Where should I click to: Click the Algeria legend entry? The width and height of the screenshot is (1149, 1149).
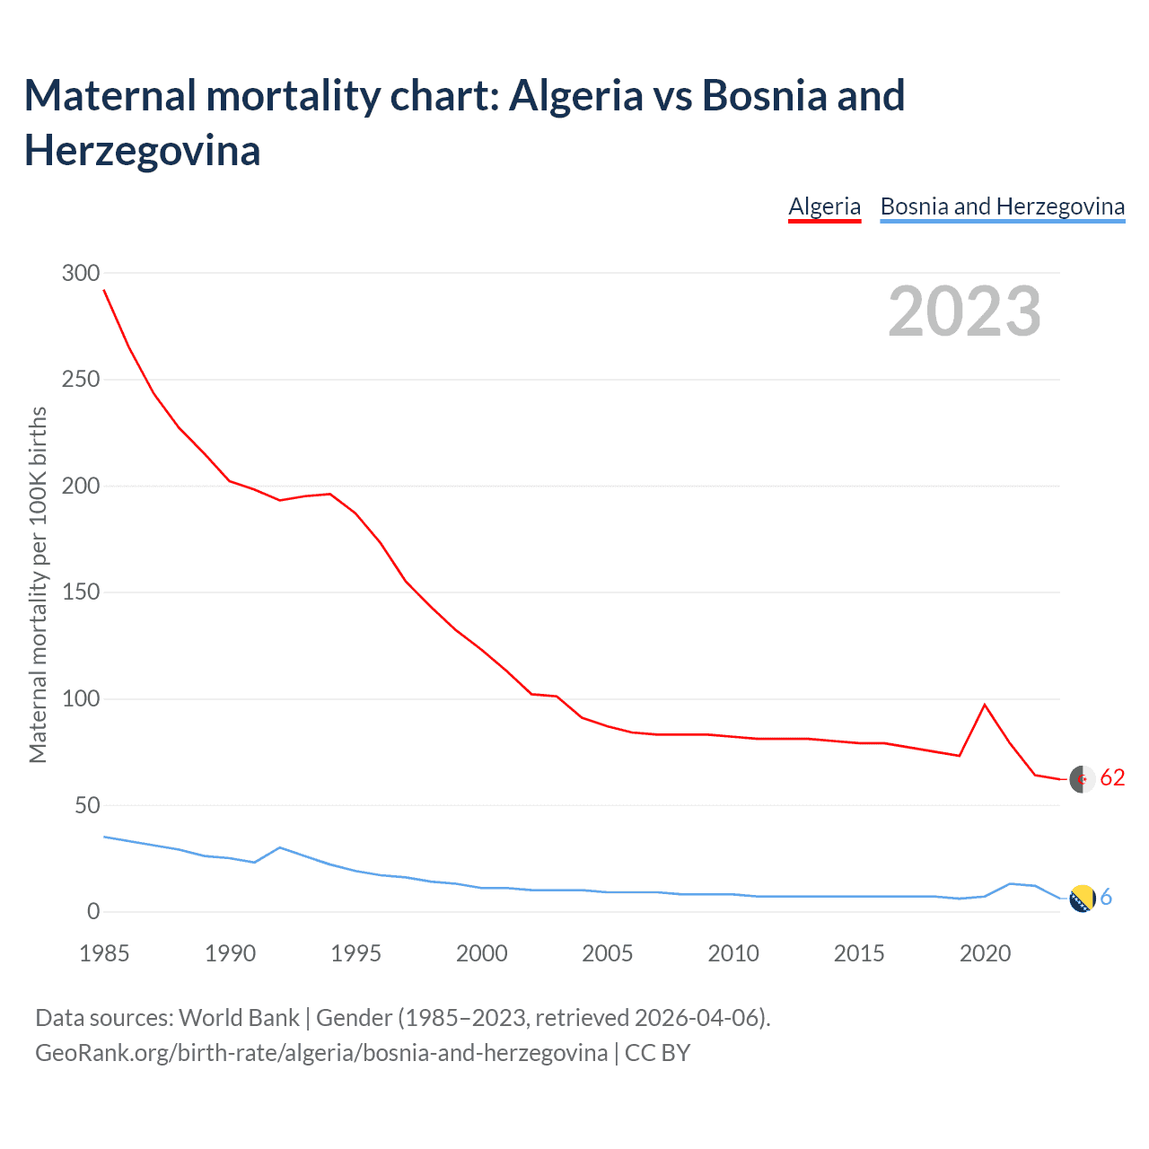824,206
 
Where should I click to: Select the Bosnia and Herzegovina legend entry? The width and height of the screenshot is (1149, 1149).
1002,206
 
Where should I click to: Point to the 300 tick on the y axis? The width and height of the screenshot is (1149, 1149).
81,273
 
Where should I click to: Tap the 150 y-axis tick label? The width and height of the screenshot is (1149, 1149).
81,592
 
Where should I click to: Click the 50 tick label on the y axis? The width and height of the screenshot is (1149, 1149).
87,805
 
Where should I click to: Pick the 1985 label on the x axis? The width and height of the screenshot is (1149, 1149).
104,953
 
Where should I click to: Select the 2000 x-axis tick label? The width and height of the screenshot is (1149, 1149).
482,953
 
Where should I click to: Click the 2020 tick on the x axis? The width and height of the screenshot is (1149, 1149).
985,953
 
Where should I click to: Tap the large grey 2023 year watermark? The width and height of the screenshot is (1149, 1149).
964,311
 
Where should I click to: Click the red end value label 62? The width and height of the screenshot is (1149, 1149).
1112,777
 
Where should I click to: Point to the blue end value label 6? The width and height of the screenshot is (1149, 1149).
1106,897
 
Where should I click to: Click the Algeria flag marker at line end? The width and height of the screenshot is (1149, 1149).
1083,779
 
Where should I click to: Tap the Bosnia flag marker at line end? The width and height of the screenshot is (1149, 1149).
1083,898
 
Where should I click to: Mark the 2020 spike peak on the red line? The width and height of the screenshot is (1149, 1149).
985,705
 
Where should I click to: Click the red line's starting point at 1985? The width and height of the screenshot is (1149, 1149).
104,290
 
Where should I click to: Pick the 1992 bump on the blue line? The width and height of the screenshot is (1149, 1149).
280,847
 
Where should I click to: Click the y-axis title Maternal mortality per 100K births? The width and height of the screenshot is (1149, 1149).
38,585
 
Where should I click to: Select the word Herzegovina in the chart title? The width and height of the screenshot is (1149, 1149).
142,150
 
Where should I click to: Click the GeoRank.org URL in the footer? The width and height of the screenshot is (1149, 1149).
320,1052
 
